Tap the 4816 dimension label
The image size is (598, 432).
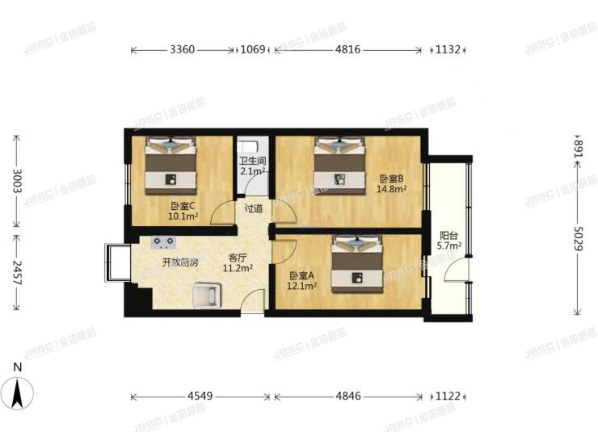(347, 50)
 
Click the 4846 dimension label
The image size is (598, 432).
(347, 396)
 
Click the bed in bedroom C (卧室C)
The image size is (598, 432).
(171, 164)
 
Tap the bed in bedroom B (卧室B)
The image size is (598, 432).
(339, 163)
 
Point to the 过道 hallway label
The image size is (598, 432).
(253, 208)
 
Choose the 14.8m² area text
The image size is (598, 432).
(391, 190)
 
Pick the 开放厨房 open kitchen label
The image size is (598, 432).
(180, 262)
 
